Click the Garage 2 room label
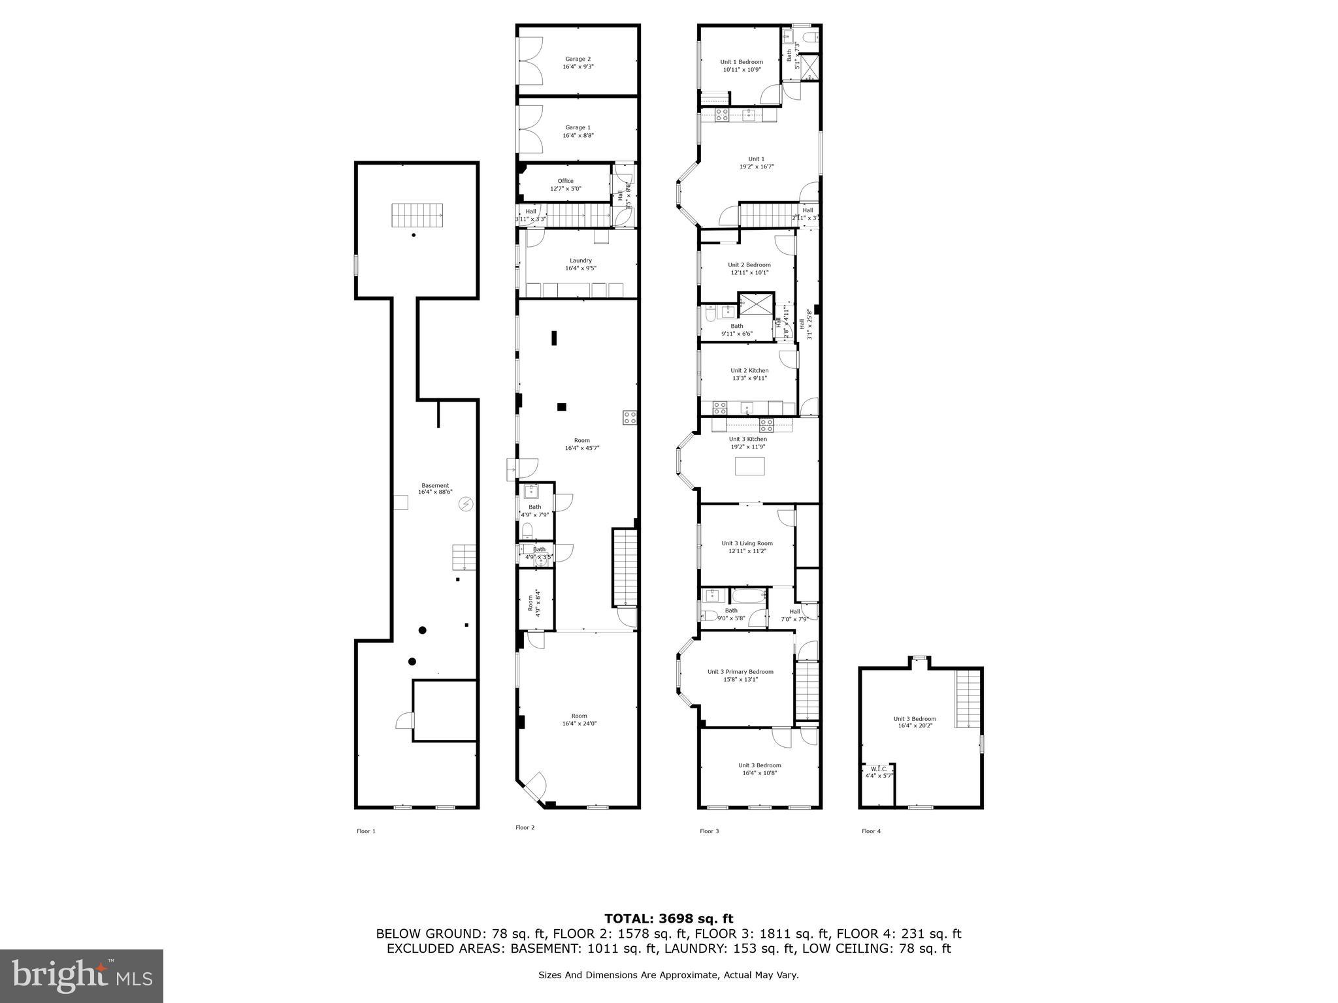(x=578, y=59)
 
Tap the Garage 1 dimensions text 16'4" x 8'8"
(x=578, y=136)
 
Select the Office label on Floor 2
(x=565, y=181)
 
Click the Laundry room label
(x=580, y=261)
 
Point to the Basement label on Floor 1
(x=435, y=485)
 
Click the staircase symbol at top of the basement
(x=417, y=215)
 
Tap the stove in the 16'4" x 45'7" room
(x=630, y=418)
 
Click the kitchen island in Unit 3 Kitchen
(x=749, y=466)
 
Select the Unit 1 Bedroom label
(x=741, y=62)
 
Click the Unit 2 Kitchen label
(x=749, y=370)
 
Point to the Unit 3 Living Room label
(x=747, y=543)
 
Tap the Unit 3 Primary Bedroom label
(x=740, y=672)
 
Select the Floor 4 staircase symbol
(x=968, y=698)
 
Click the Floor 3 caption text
(x=709, y=831)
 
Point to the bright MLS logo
(x=82, y=976)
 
